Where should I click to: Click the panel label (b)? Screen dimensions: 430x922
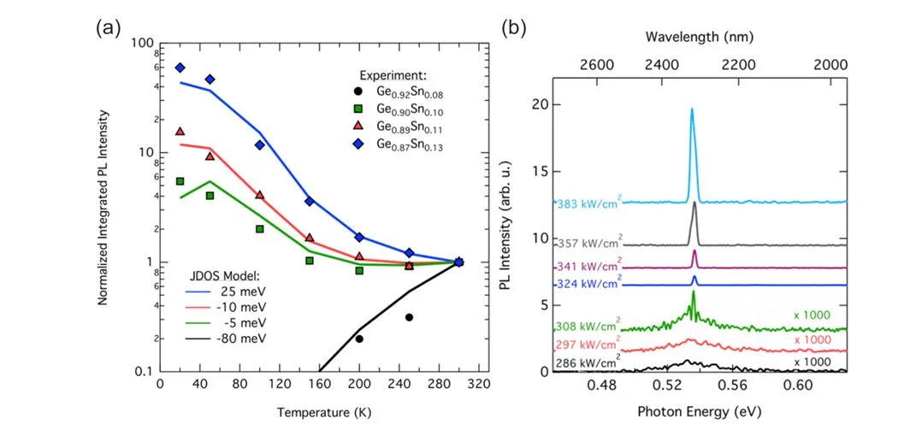523,27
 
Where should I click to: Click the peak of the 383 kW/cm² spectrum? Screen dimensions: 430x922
692,109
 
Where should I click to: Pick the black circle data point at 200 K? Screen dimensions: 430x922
359,339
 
